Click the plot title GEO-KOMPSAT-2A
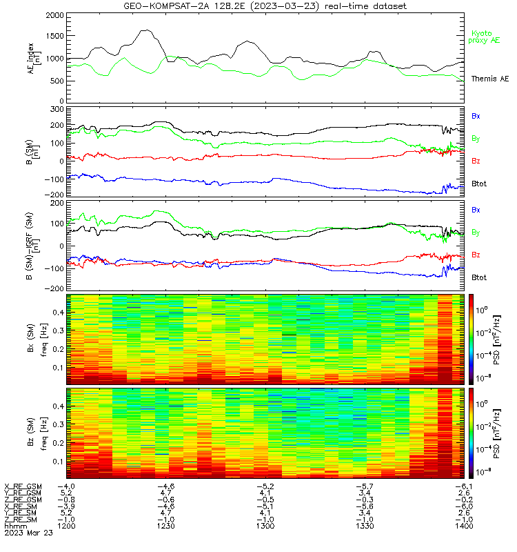(x=166, y=6)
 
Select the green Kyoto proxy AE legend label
(x=484, y=37)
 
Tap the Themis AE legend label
(x=490, y=79)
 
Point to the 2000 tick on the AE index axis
(x=55, y=15)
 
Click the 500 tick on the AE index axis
(x=57, y=81)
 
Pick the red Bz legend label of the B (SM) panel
(x=476, y=161)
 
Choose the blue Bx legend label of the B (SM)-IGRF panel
(x=476, y=210)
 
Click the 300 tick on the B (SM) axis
(x=57, y=109)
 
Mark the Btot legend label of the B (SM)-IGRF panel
(x=479, y=277)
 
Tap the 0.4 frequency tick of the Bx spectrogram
(x=58, y=313)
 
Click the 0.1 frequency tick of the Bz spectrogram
(x=58, y=461)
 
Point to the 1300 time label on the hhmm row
(x=265, y=526)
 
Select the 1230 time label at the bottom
(x=166, y=526)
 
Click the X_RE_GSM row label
(x=23, y=486)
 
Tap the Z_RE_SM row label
(x=21, y=520)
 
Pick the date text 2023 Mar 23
(x=28, y=533)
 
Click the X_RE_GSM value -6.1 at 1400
(x=464, y=486)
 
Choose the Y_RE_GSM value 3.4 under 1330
(x=365, y=493)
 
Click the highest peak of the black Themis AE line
(x=147, y=30)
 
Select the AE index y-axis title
(x=34, y=58)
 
